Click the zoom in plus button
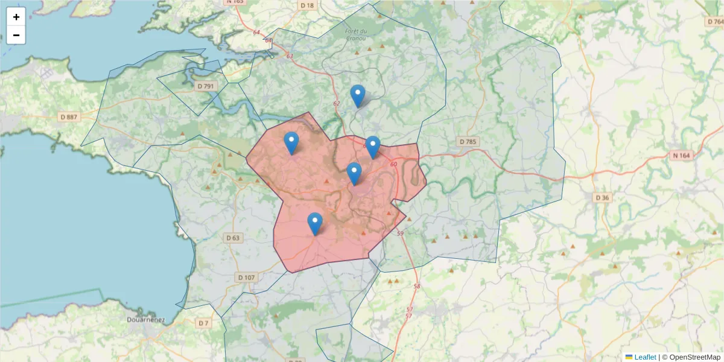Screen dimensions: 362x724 tap(16, 17)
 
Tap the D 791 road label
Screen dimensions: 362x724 tap(206, 86)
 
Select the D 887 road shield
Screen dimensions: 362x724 tap(69, 116)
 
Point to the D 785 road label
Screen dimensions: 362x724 tap(468, 142)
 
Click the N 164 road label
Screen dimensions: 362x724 tap(682, 155)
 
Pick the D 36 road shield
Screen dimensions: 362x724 tap(602, 197)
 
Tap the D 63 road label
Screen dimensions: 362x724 tap(233, 238)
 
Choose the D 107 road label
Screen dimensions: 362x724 tap(246, 278)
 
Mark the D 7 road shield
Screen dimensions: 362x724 tap(203, 323)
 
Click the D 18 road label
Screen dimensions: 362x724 tap(307, 5)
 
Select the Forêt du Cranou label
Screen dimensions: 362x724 tap(356, 34)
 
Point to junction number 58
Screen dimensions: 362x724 tap(416, 286)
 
